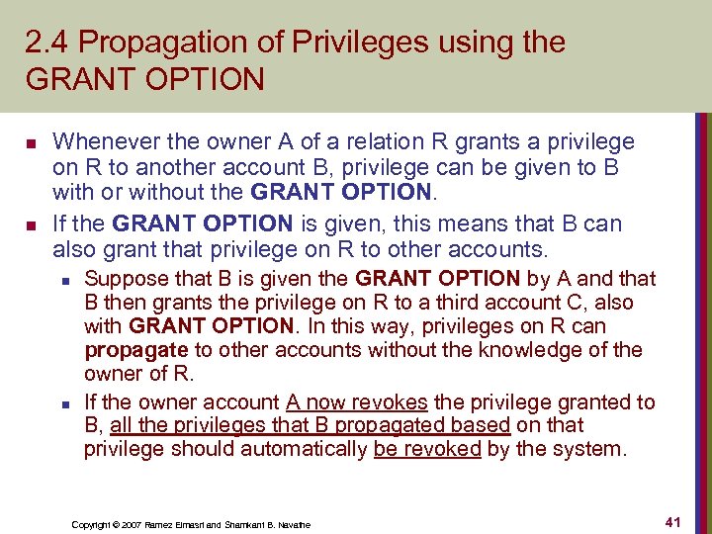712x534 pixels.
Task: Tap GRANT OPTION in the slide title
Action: [145, 78]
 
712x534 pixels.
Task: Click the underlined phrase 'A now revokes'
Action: [357, 401]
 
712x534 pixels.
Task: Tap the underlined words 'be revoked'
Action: [427, 449]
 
